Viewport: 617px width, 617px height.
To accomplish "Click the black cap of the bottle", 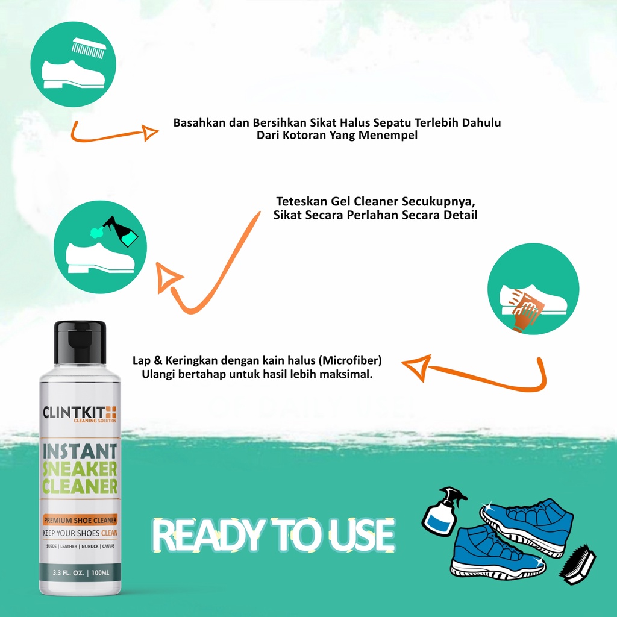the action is coord(80,342).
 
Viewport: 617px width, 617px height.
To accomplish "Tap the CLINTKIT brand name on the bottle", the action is coord(74,412).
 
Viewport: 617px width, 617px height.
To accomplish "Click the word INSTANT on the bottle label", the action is coord(80,451).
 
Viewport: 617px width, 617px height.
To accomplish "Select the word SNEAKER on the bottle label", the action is coord(80,469).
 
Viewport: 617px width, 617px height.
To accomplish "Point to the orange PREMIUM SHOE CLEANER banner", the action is coord(80,520).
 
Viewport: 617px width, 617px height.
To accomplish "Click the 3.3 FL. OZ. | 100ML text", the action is coord(81,572).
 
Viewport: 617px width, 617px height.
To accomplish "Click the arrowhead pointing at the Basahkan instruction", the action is coord(149,133).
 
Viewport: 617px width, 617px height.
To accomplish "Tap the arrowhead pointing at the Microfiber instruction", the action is coord(417,367).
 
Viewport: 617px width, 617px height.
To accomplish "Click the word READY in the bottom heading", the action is coord(208,535).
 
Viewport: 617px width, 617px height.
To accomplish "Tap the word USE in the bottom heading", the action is coord(362,535).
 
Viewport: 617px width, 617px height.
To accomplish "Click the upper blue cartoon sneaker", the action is coord(527,526).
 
